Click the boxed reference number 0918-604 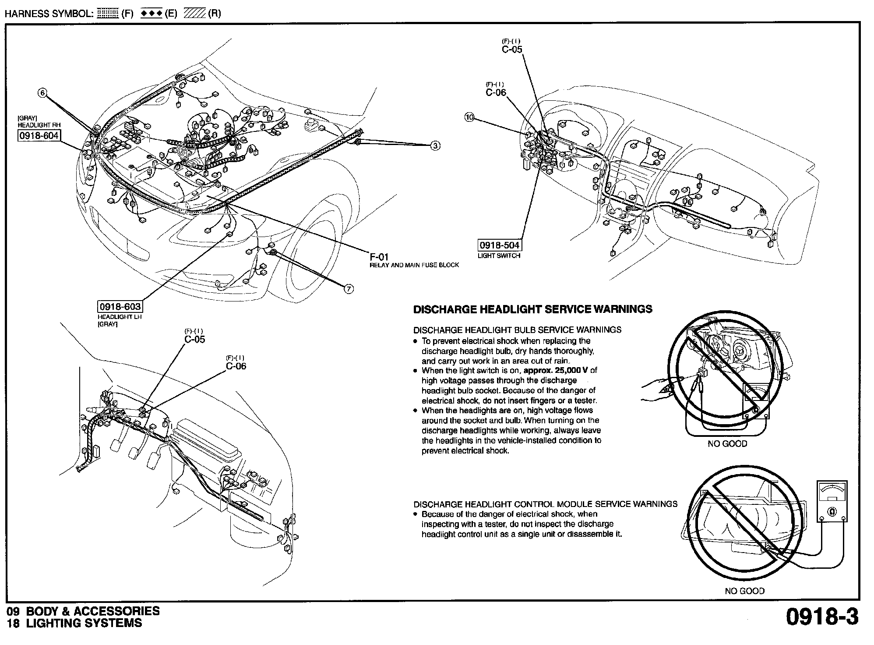[39, 135]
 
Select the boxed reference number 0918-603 [120, 307]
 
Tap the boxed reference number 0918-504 [499, 245]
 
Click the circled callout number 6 [42, 92]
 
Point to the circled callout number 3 [435, 146]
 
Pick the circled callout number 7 [349, 289]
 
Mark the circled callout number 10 [469, 117]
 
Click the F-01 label [379, 257]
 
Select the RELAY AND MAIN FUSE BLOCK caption [414, 265]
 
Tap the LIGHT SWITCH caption [499, 255]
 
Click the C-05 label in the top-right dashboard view [512, 50]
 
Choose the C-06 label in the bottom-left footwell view [236, 366]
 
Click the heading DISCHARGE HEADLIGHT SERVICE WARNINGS [532, 309]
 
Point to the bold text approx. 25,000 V [556, 370]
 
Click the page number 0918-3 [822, 617]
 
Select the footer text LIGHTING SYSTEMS [84, 623]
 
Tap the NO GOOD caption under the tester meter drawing [744, 591]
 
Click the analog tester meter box [832, 501]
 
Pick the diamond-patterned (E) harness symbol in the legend [152, 13]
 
